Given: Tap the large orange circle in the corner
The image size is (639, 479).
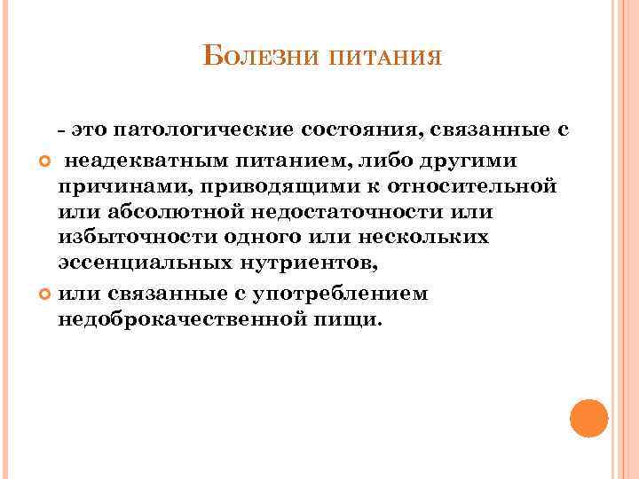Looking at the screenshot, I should click(x=588, y=418).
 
